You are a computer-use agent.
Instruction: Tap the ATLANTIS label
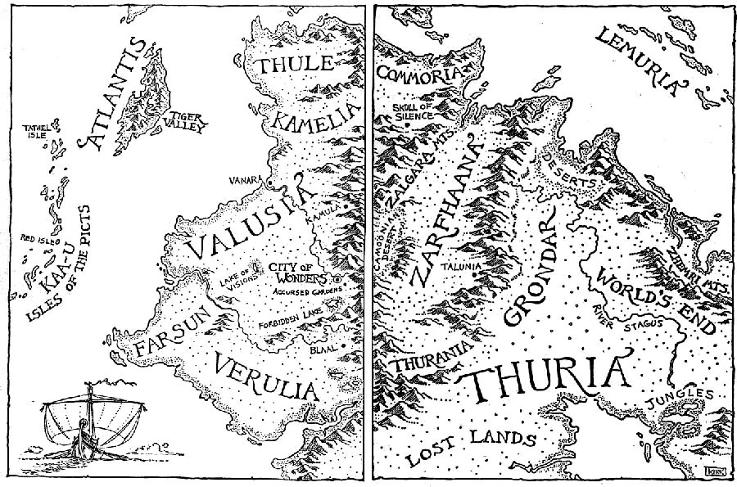(114, 93)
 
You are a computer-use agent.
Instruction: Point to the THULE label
(293, 65)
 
